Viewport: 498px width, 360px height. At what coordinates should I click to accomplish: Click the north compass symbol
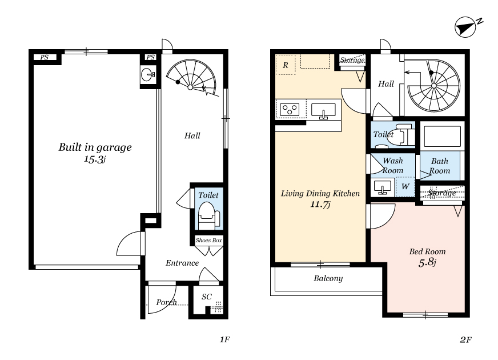click(465, 27)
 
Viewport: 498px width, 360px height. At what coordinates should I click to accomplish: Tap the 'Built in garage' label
click(95, 147)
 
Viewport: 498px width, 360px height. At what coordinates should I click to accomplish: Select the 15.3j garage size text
click(94, 159)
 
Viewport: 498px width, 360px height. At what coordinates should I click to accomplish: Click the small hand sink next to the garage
click(148, 75)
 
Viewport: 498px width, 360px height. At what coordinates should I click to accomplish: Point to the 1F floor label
click(224, 339)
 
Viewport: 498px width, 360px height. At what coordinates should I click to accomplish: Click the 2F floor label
click(465, 339)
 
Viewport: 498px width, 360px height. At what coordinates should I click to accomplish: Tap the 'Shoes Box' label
click(208, 240)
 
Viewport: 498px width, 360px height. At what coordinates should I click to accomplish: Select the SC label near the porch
click(206, 297)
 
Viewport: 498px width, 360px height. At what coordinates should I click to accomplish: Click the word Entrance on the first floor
click(182, 263)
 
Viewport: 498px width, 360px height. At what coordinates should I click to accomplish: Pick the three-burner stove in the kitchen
click(290, 110)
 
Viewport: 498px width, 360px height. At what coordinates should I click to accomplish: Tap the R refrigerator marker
click(286, 65)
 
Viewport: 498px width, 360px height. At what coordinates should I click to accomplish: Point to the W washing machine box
click(405, 186)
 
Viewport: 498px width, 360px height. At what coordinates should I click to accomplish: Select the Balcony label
click(328, 278)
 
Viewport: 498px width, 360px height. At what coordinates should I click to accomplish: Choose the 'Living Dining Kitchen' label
click(320, 194)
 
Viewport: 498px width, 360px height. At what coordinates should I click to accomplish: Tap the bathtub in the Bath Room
click(442, 137)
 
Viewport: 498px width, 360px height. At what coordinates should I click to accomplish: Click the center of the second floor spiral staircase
click(434, 86)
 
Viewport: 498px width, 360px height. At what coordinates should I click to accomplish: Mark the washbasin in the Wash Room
click(383, 187)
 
